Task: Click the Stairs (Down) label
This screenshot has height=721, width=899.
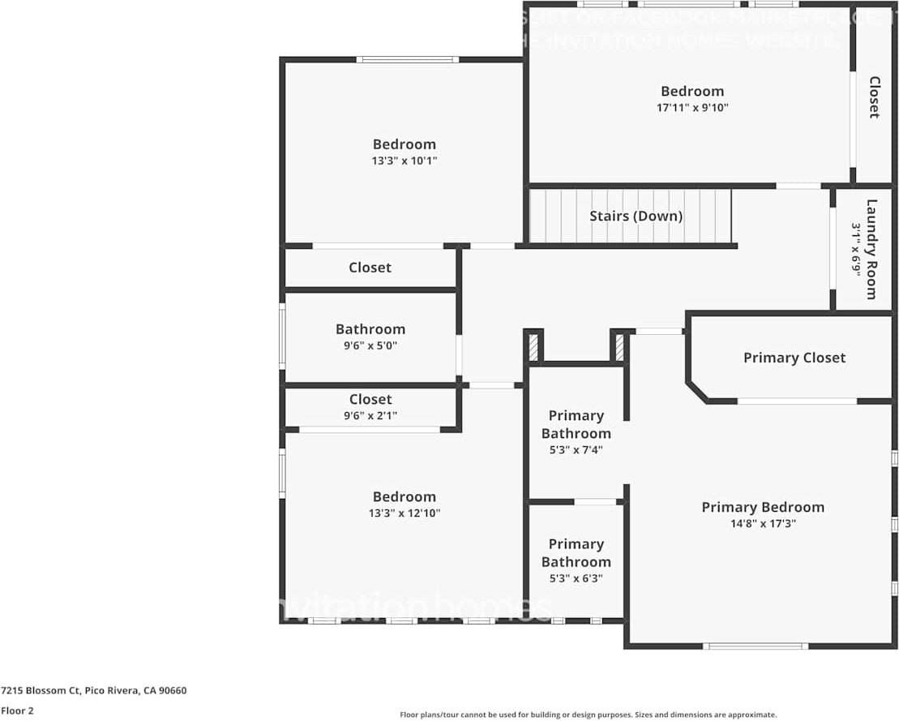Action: point(636,216)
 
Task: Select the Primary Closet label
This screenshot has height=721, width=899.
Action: point(794,358)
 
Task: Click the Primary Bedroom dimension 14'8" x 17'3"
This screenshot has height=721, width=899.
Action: point(762,524)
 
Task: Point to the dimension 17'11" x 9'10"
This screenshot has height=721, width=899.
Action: point(692,107)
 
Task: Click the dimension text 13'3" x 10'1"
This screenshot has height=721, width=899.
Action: point(404,161)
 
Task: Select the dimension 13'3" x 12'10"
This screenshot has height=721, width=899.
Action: point(404,513)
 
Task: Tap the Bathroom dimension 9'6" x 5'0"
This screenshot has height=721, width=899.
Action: point(370,345)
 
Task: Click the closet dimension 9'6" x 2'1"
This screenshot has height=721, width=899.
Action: point(370,416)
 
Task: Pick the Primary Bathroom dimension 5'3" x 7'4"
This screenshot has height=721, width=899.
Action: point(576,450)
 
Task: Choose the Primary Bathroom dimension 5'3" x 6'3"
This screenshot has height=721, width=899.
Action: point(576,578)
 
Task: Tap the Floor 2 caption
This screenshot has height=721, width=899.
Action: point(17,710)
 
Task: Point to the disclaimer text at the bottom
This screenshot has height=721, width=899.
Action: point(588,715)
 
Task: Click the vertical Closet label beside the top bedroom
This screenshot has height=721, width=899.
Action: point(874,97)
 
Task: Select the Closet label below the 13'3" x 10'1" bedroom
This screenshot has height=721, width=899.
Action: point(370,268)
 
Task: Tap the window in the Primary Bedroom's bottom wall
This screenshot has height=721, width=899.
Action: point(755,646)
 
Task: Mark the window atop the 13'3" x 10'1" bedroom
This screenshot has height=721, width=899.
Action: point(407,59)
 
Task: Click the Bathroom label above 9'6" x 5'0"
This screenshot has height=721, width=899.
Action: point(370,329)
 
